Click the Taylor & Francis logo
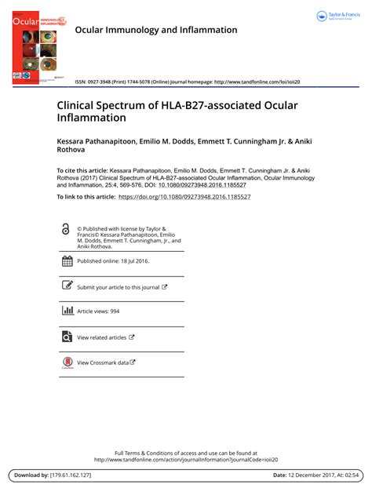pos(337,16)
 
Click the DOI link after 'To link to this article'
pos(184,197)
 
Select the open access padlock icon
pos(65,228)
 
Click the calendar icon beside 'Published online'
pos(67,261)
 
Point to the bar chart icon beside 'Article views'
pos(67,311)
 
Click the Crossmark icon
pos(67,363)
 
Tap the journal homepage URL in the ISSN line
pos(257,82)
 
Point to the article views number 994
pos(115,311)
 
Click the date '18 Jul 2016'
pos(133,261)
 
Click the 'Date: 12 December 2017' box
pos(315,475)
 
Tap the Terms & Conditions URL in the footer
pos(186,460)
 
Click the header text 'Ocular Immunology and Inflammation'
pos(155,30)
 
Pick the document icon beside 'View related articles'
pos(67,337)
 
